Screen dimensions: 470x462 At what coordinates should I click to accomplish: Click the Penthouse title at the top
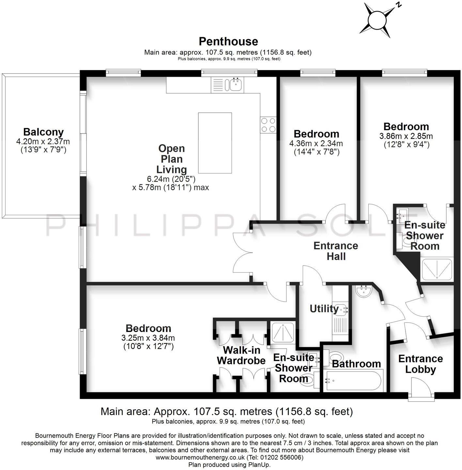(x=228, y=41)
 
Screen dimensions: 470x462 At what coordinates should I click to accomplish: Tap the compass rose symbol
(x=378, y=20)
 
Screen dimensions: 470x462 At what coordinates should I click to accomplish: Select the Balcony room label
(x=43, y=132)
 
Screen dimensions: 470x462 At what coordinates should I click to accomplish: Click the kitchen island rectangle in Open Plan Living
(x=215, y=143)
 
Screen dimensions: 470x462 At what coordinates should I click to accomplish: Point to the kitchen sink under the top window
(x=235, y=85)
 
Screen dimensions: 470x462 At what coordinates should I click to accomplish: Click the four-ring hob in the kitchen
(x=268, y=125)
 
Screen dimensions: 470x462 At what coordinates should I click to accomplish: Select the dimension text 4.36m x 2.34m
(x=316, y=143)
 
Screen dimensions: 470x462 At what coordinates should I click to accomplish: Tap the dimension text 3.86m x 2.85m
(x=406, y=136)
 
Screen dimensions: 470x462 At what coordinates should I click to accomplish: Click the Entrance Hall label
(x=336, y=251)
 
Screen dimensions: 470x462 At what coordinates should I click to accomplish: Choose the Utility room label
(x=324, y=308)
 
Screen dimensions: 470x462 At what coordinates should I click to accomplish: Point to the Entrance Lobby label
(x=420, y=364)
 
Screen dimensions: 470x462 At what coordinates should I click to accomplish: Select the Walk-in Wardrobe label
(x=241, y=355)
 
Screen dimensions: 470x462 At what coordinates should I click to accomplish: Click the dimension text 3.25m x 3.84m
(x=148, y=338)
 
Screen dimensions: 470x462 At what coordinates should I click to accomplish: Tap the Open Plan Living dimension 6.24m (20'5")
(x=171, y=179)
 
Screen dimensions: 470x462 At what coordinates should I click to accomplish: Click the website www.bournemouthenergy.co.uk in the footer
(x=200, y=458)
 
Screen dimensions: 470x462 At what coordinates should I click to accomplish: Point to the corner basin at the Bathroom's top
(x=363, y=291)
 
